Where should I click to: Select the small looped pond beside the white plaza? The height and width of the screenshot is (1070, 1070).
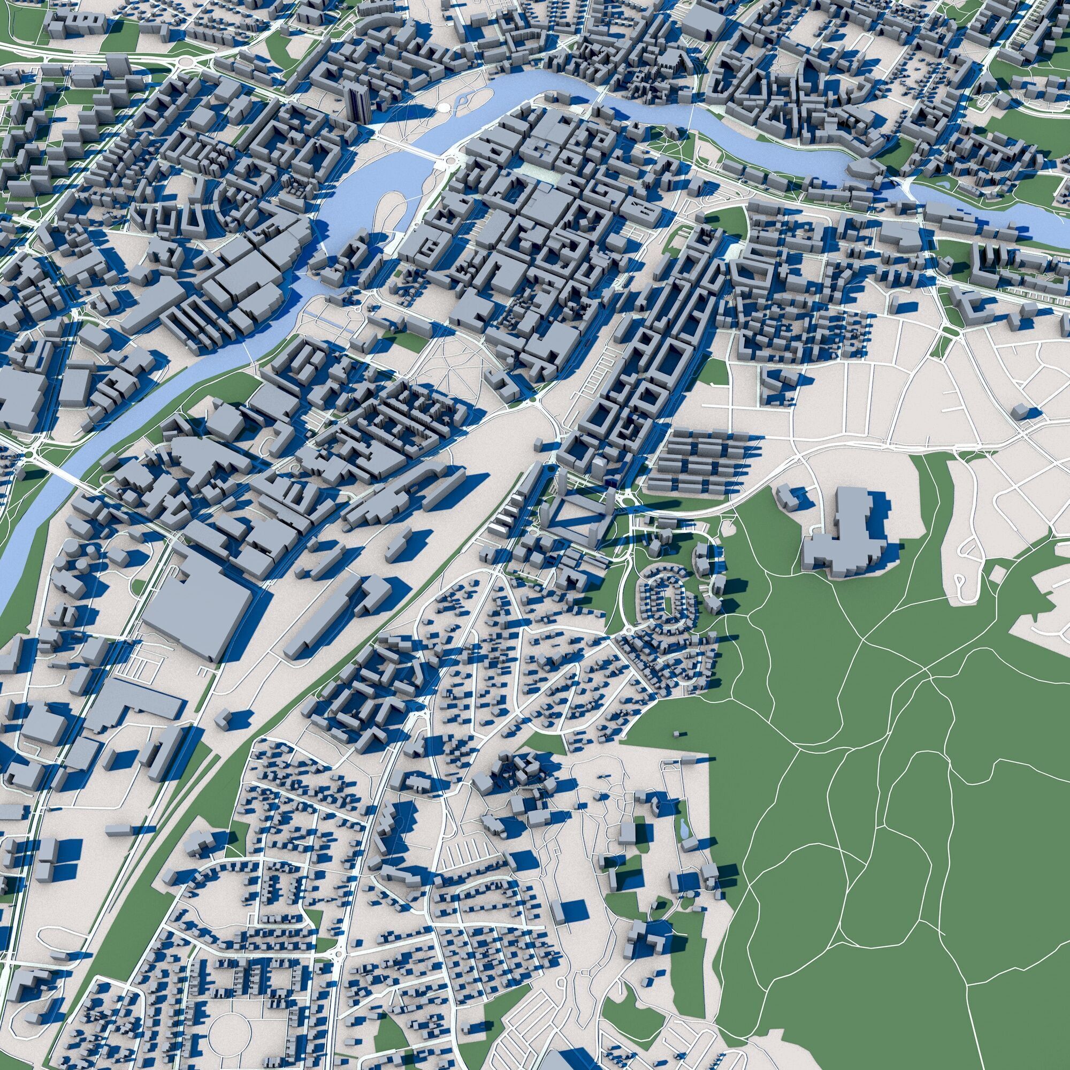(x=461, y=103)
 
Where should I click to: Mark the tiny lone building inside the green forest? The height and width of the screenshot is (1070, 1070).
(x=677, y=735)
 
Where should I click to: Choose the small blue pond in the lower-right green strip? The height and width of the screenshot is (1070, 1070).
(x=685, y=829)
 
